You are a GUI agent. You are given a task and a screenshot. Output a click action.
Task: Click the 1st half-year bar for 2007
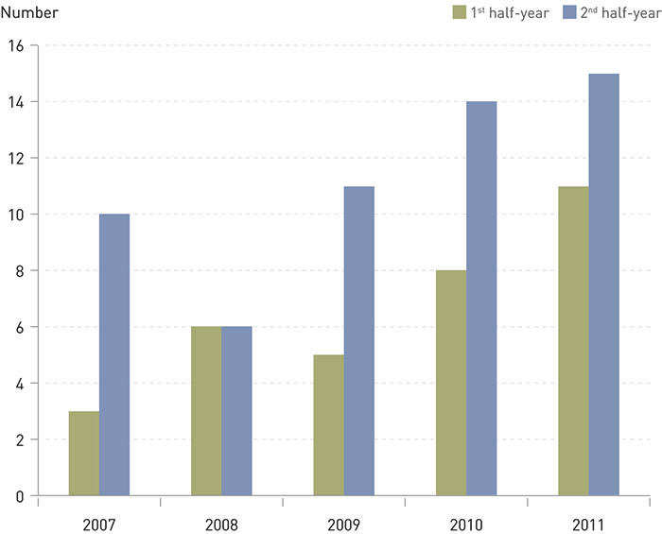pos(84,454)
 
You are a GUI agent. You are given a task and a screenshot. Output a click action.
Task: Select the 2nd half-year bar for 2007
pos(114,354)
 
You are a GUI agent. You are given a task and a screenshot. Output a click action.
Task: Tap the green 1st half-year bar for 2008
pos(206,411)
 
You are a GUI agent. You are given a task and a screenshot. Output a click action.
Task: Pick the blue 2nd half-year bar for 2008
pos(236,411)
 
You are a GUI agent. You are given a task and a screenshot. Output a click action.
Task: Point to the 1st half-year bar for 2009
pos(328,425)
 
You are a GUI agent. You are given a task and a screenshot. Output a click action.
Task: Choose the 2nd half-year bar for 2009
pos(358,340)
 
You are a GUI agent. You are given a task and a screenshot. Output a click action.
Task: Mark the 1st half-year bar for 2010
pos(451,383)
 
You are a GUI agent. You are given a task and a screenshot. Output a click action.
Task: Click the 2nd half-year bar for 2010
pos(481,298)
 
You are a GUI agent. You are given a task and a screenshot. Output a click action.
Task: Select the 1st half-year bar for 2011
pos(573,340)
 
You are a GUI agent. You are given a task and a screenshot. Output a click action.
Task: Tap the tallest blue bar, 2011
pos(603,284)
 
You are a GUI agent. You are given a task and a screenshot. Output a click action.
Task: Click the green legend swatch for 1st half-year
pos(460,12)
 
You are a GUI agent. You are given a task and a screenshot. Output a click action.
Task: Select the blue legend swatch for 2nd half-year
pos(569,12)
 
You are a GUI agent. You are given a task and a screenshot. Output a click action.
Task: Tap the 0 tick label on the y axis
pos(18,496)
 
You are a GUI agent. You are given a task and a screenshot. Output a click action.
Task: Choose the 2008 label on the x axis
pos(221,523)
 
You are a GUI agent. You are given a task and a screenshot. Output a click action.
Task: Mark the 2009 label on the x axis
pos(343,523)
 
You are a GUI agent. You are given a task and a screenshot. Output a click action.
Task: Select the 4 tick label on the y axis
pos(18,384)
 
